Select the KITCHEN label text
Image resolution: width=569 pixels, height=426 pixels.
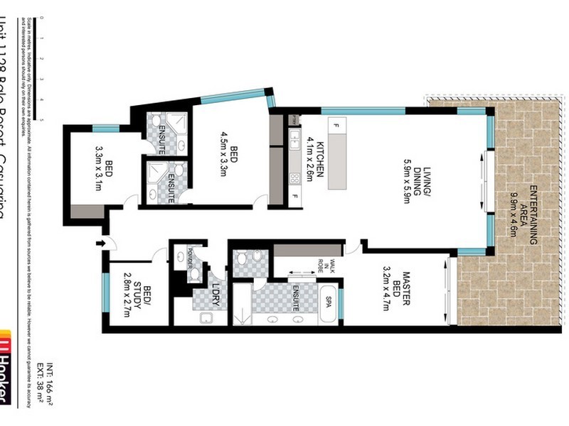click(x=321, y=160)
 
